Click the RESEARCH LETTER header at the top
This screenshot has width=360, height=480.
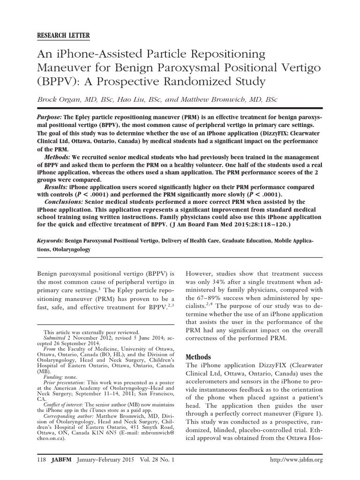coord(64,36)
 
